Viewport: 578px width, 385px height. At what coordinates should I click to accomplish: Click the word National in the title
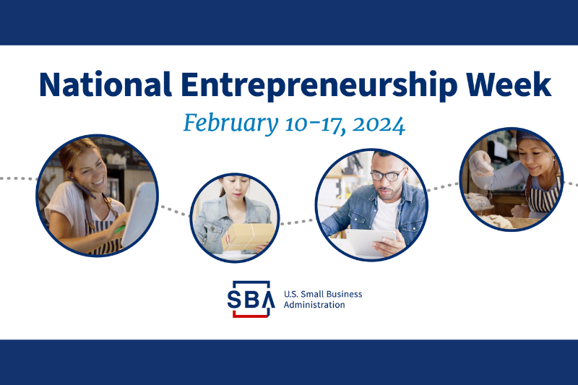pos(105,85)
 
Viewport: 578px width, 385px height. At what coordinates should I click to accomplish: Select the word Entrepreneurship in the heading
pos(319,86)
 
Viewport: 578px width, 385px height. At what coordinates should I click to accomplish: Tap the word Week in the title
pos(509,85)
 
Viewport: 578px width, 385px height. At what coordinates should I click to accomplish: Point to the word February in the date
pos(230,124)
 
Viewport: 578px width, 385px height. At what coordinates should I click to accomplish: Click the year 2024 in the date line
pos(379,125)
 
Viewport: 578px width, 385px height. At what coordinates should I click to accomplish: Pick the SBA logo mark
pos(251,299)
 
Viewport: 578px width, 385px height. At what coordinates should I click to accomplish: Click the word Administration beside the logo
pos(314,305)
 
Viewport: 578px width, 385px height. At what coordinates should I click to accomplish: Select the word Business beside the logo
pos(345,294)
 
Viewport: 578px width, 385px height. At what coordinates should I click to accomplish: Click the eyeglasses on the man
pos(387,175)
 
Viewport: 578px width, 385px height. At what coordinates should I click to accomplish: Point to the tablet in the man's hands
pos(371,242)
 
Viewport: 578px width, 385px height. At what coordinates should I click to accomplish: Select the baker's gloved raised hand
pos(480,163)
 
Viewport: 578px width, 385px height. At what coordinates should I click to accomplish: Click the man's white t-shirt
pos(386,215)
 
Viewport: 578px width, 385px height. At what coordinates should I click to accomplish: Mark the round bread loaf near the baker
pos(478,202)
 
